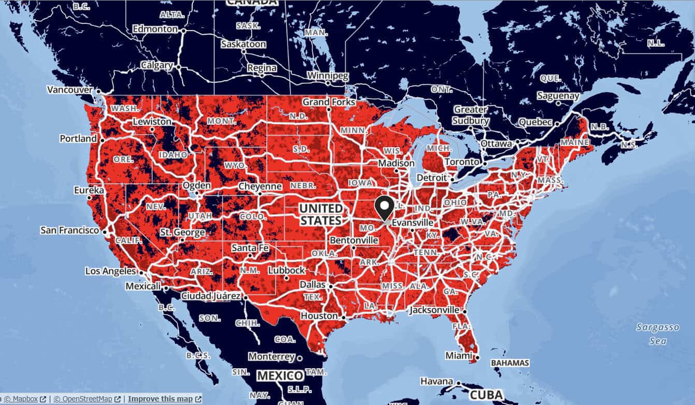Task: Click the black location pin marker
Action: (x=384, y=208)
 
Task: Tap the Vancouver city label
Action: (x=69, y=90)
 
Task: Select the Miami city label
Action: (x=459, y=356)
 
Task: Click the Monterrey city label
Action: (x=271, y=357)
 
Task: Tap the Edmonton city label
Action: (x=155, y=30)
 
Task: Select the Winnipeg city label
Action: (x=328, y=76)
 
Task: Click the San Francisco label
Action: (x=69, y=230)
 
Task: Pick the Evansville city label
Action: (x=412, y=222)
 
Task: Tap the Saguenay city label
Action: (x=558, y=96)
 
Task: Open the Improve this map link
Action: (x=161, y=399)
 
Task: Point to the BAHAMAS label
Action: (x=510, y=363)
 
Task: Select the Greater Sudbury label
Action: (x=471, y=115)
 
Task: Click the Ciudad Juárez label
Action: (x=210, y=296)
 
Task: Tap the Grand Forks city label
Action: (x=329, y=102)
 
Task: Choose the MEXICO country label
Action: (x=280, y=375)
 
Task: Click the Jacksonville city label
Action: (x=434, y=310)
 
